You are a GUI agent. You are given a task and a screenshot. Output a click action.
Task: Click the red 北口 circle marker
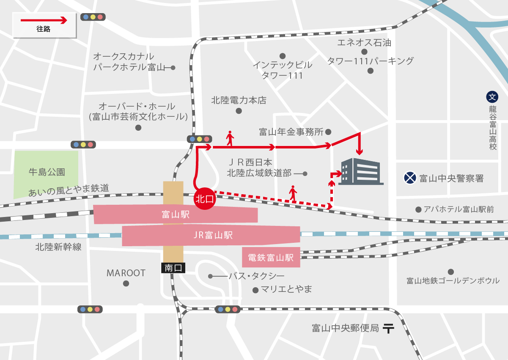click(x=205, y=198)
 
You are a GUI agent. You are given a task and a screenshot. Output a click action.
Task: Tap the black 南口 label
click(x=173, y=267)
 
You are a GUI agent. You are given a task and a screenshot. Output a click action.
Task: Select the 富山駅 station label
click(x=175, y=214)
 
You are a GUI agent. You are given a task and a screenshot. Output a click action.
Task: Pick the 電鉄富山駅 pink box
click(x=271, y=257)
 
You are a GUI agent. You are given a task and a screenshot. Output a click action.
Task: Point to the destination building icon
click(x=362, y=171)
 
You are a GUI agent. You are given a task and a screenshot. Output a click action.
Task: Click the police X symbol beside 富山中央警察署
click(x=409, y=178)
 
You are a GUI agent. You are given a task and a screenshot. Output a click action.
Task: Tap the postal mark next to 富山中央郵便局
click(x=388, y=328)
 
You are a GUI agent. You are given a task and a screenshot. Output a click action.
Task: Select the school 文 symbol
click(x=492, y=97)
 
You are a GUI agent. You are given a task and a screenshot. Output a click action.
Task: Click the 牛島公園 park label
click(x=47, y=172)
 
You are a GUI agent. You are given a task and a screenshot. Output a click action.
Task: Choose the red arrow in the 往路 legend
click(x=44, y=20)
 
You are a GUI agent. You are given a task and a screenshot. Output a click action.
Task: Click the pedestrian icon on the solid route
click(x=230, y=138)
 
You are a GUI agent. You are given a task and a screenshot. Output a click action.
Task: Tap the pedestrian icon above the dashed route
click(x=293, y=192)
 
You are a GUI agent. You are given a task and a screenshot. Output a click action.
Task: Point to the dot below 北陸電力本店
click(x=239, y=111)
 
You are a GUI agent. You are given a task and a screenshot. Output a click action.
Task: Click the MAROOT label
click(x=126, y=273)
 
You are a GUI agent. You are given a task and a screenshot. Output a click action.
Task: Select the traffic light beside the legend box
click(x=93, y=17)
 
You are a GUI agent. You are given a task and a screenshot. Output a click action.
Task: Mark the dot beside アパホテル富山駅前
click(x=418, y=209)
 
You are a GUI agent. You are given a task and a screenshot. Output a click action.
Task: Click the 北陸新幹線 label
click(x=58, y=247)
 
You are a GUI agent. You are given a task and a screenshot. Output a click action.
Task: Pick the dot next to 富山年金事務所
click(x=328, y=132)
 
